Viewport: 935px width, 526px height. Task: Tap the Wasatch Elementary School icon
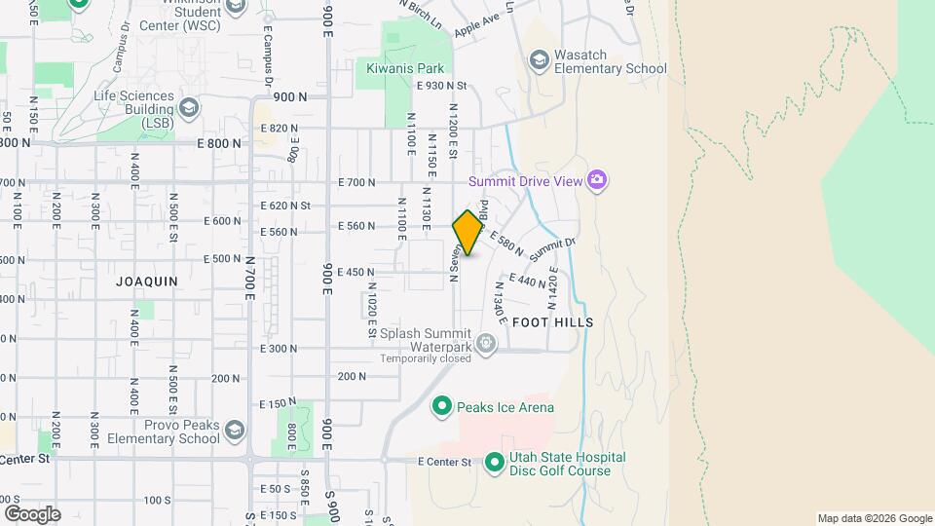click(539, 60)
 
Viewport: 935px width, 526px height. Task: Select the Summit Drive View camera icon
click(597, 180)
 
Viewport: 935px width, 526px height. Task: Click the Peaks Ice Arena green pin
click(441, 406)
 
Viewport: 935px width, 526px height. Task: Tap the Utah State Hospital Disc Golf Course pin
click(494, 463)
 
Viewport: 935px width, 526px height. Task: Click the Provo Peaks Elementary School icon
click(234, 431)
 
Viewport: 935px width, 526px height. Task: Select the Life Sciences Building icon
click(189, 106)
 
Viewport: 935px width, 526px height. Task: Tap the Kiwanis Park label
click(405, 68)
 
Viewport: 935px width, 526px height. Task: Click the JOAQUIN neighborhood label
click(147, 281)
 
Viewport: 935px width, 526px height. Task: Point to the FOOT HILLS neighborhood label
click(552, 321)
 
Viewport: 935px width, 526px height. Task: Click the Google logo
click(32, 513)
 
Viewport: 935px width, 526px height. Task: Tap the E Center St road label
click(444, 462)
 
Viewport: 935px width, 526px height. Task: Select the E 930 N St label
click(441, 86)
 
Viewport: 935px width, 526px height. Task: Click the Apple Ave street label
click(476, 24)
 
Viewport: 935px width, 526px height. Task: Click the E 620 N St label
click(285, 206)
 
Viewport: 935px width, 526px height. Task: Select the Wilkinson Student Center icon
click(235, 8)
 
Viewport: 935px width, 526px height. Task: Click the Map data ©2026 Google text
click(874, 518)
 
